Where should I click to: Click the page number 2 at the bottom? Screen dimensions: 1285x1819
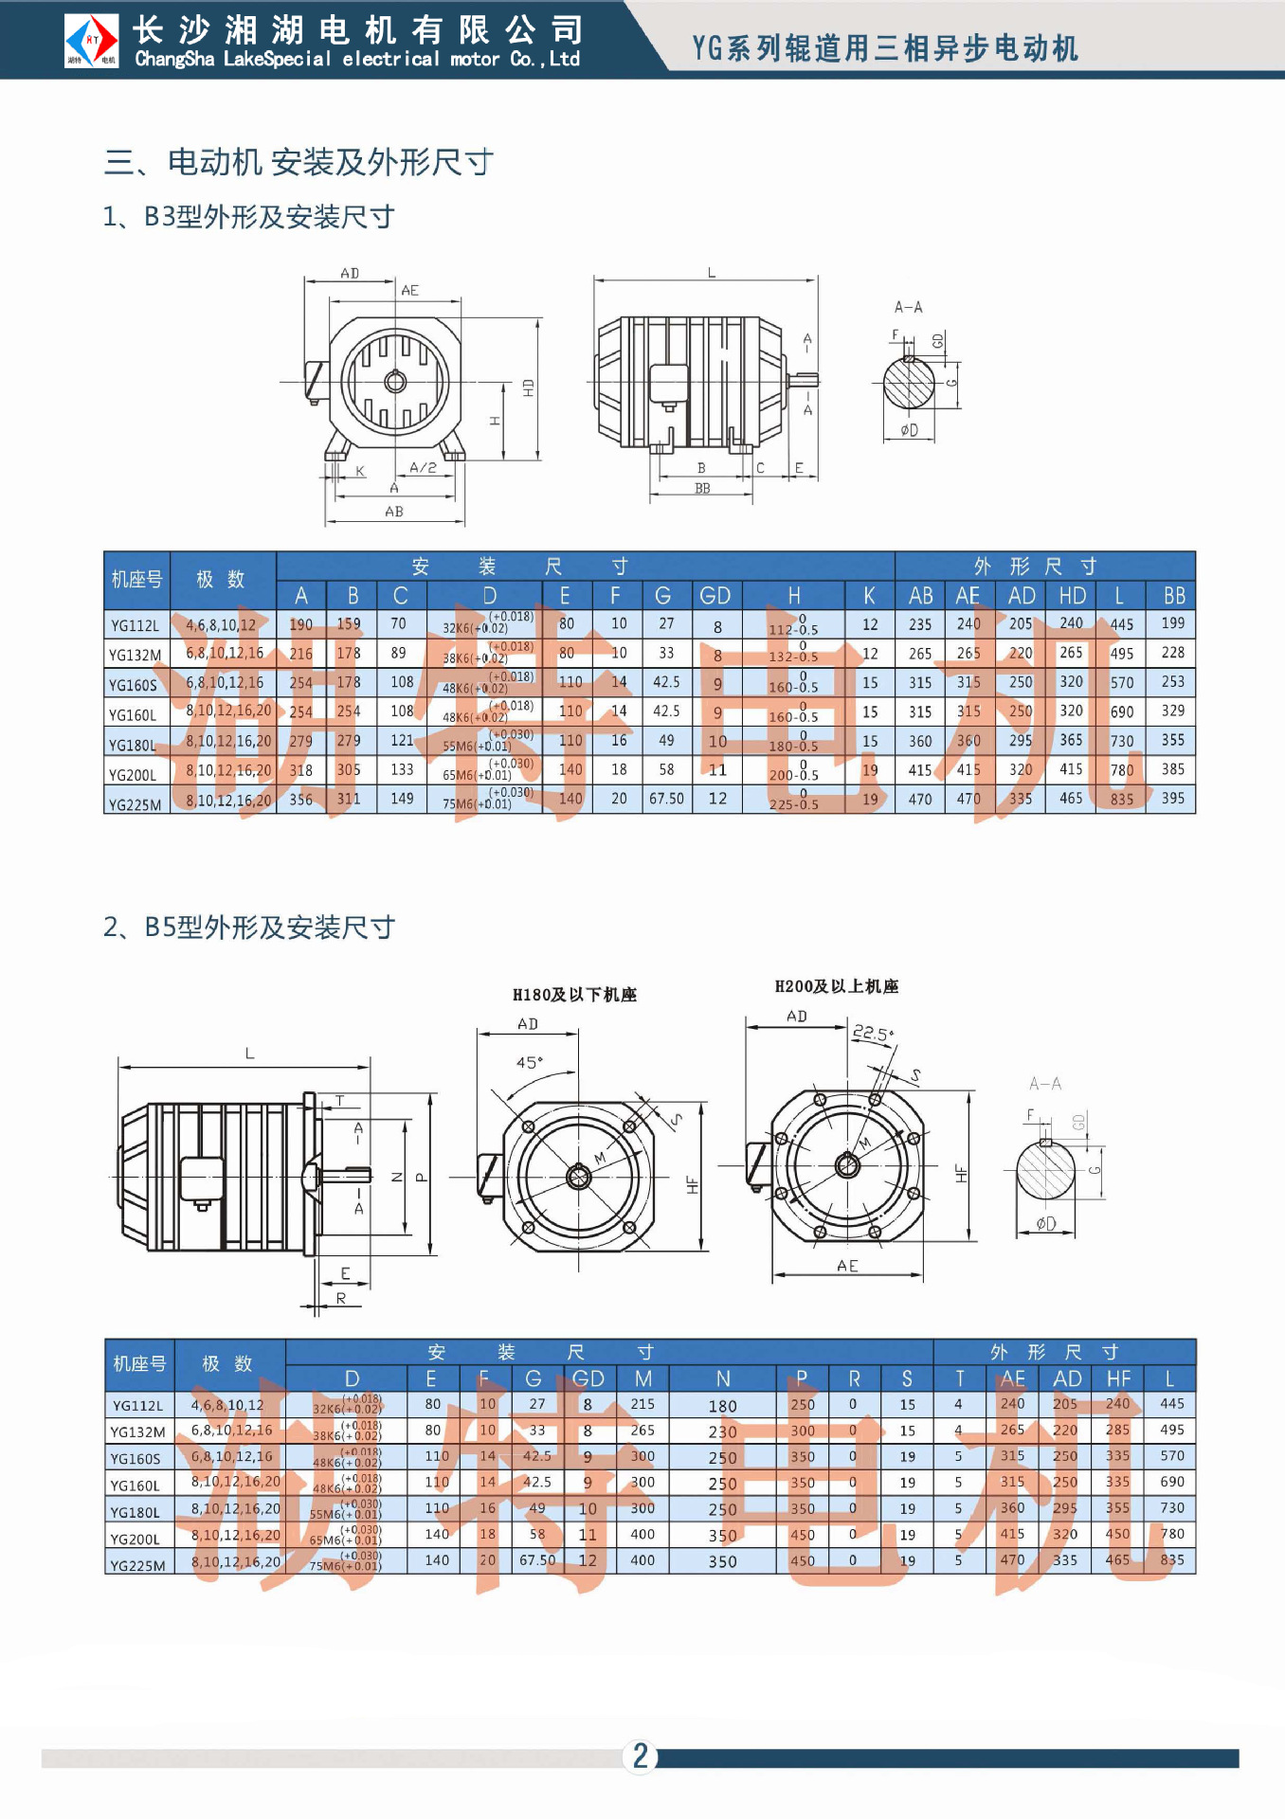(x=641, y=1756)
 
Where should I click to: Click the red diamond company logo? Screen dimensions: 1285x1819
(x=92, y=41)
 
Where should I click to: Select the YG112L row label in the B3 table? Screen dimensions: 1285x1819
(x=136, y=625)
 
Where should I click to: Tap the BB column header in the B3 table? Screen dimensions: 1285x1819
(x=1174, y=596)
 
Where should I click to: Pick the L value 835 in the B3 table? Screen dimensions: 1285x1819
(x=1122, y=800)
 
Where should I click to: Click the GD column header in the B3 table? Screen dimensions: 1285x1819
(x=715, y=596)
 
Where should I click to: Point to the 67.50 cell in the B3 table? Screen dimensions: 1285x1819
(x=666, y=799)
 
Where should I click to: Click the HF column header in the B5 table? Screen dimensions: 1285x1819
(x=1118, y=1379)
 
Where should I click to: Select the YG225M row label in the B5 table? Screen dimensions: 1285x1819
(x=138, y=1565)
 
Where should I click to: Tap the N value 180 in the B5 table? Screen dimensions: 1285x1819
(x=722, y=1407)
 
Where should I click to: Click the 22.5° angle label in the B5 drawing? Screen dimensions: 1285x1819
(x=873, y=1032)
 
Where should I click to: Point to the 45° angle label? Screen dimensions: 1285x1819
(x=530, y=1063)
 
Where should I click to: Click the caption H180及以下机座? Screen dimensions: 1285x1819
(x=574, y=995)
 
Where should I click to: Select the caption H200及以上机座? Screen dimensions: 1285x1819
(x=837, y=986)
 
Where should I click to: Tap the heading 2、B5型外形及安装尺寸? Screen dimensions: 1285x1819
(x=249, y=927)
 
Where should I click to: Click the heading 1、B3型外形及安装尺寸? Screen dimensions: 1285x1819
(x=248, y=217)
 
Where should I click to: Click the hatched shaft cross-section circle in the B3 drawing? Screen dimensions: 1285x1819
(x=909, y=384)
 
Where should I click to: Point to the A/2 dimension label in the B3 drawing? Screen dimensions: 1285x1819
(x=423, y=468)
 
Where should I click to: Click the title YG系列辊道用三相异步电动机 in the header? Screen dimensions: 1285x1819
(x=885, y=48)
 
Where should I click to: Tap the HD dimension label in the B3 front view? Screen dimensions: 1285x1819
(x=528, y=387)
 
